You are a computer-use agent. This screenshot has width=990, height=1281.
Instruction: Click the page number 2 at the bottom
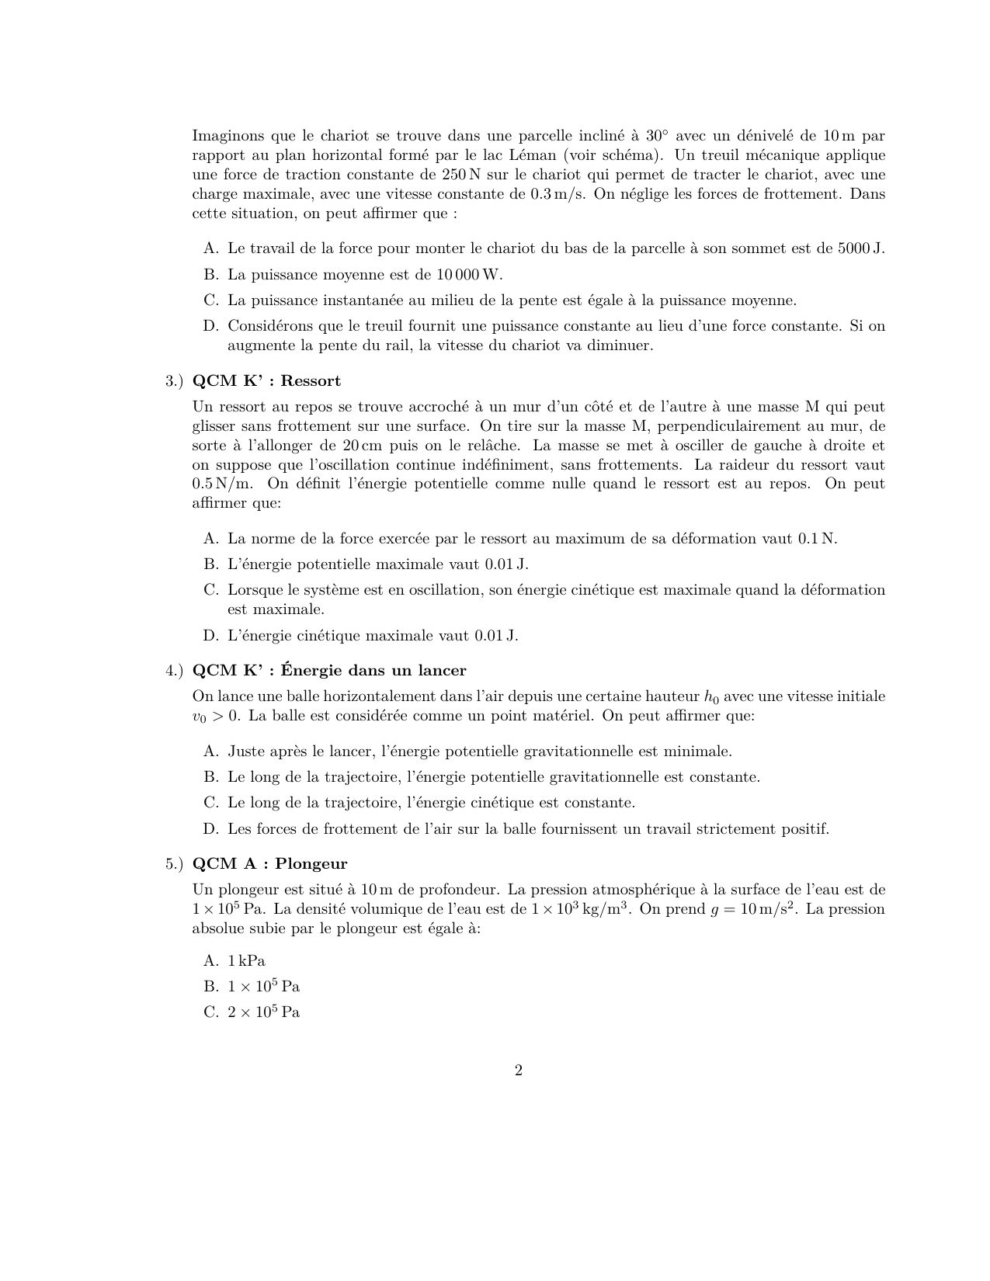(518, 1071)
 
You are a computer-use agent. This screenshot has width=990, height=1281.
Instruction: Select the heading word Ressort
(311, 380)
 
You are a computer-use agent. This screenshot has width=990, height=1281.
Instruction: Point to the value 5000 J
(861, 248)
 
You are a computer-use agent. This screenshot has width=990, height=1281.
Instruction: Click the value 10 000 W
(468, 274)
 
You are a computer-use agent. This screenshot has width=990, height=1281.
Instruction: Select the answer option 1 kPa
(247, 960)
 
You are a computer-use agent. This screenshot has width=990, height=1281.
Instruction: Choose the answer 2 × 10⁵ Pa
(264, 1012)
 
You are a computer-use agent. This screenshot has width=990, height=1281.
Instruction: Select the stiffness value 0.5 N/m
(221, 484)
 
